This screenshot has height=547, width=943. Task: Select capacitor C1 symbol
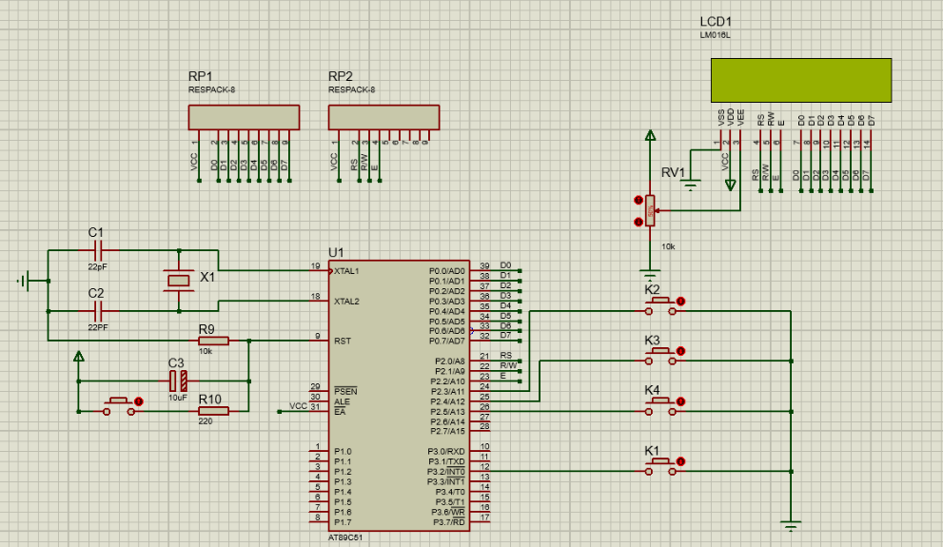(96, 251)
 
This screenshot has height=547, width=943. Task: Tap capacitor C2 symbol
(96, 310)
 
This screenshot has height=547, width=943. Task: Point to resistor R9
(213, 341)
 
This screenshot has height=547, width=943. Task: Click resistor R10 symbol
(213, 411)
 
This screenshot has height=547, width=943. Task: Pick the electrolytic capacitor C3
(176, 381)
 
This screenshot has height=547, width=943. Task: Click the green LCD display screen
(800, 80)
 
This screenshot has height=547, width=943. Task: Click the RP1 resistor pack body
(245, 117)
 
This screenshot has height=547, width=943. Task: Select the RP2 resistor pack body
(383, 117)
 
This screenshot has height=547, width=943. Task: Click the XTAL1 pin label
(346, 271)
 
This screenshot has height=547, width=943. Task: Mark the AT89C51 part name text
(345, 537)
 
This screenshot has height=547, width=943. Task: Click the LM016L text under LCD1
(715, 35)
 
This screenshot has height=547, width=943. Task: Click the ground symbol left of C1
(29, 281)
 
